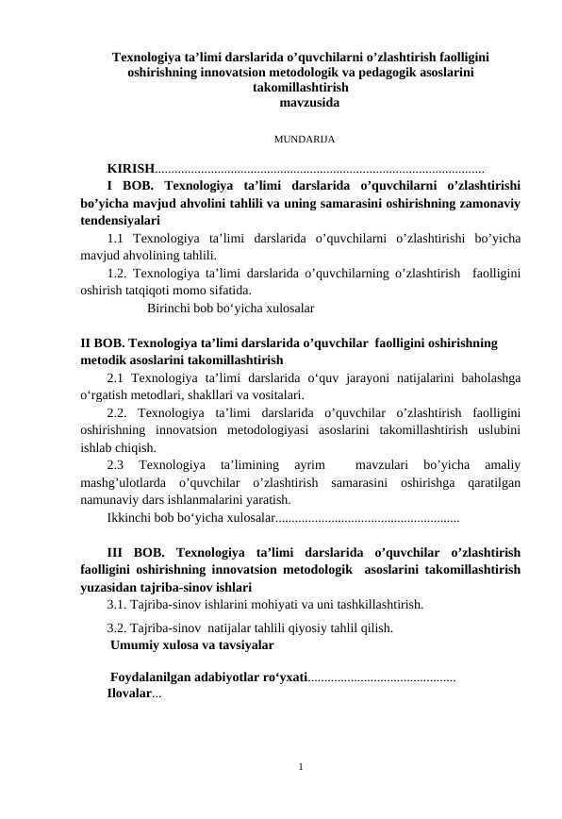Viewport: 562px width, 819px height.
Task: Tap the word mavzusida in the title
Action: tap(310, 102)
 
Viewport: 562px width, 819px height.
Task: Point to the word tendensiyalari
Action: tap(119, 220)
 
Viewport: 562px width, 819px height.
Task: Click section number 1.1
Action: tap(117, 238)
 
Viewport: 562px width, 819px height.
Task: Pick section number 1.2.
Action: tap(117, 274)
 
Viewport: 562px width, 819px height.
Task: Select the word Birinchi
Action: tap(170, 308)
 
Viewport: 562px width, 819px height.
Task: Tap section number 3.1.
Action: tap(117, 604)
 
